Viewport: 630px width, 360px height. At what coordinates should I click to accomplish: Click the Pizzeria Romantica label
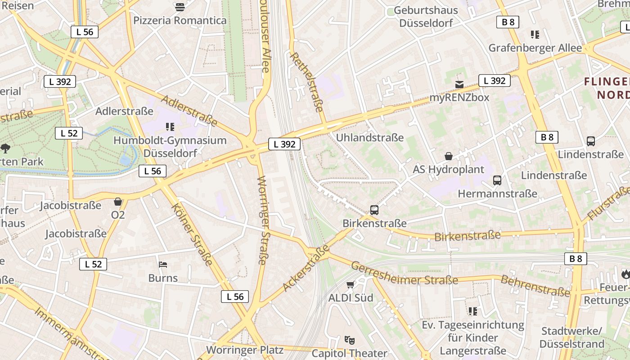(x=180, y=20)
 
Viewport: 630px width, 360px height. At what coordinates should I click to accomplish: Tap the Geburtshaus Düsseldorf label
(x=426, y=17)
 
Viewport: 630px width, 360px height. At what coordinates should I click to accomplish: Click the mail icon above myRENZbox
(x=459, y=84)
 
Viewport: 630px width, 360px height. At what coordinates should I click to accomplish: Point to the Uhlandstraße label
(x=370, y=138)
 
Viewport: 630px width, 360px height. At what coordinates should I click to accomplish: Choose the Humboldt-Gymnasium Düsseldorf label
(x=170, y=146)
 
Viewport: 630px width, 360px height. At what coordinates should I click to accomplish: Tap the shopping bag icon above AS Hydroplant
(x=449, y=156)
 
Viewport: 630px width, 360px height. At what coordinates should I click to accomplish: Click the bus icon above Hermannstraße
(x=497, y=180)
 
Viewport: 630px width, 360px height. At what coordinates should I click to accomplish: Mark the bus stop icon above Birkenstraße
(x=374, y=210)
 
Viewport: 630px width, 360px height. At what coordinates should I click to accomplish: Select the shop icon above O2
(x=118, y=202)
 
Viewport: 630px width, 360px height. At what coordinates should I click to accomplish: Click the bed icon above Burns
(x=163, y=264)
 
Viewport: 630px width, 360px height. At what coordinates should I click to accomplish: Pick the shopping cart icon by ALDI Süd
(x=351, y=284)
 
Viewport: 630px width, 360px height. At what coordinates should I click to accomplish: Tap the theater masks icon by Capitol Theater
(x=349, y=340)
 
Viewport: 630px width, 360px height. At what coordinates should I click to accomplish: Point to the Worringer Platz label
(x=245, y=350)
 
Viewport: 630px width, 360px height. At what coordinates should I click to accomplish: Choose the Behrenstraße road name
(x=535, y=286)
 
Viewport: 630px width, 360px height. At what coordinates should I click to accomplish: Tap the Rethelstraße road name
(x=308, y=82)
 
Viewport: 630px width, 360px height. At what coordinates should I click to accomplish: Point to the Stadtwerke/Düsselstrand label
(x=571, y=337)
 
